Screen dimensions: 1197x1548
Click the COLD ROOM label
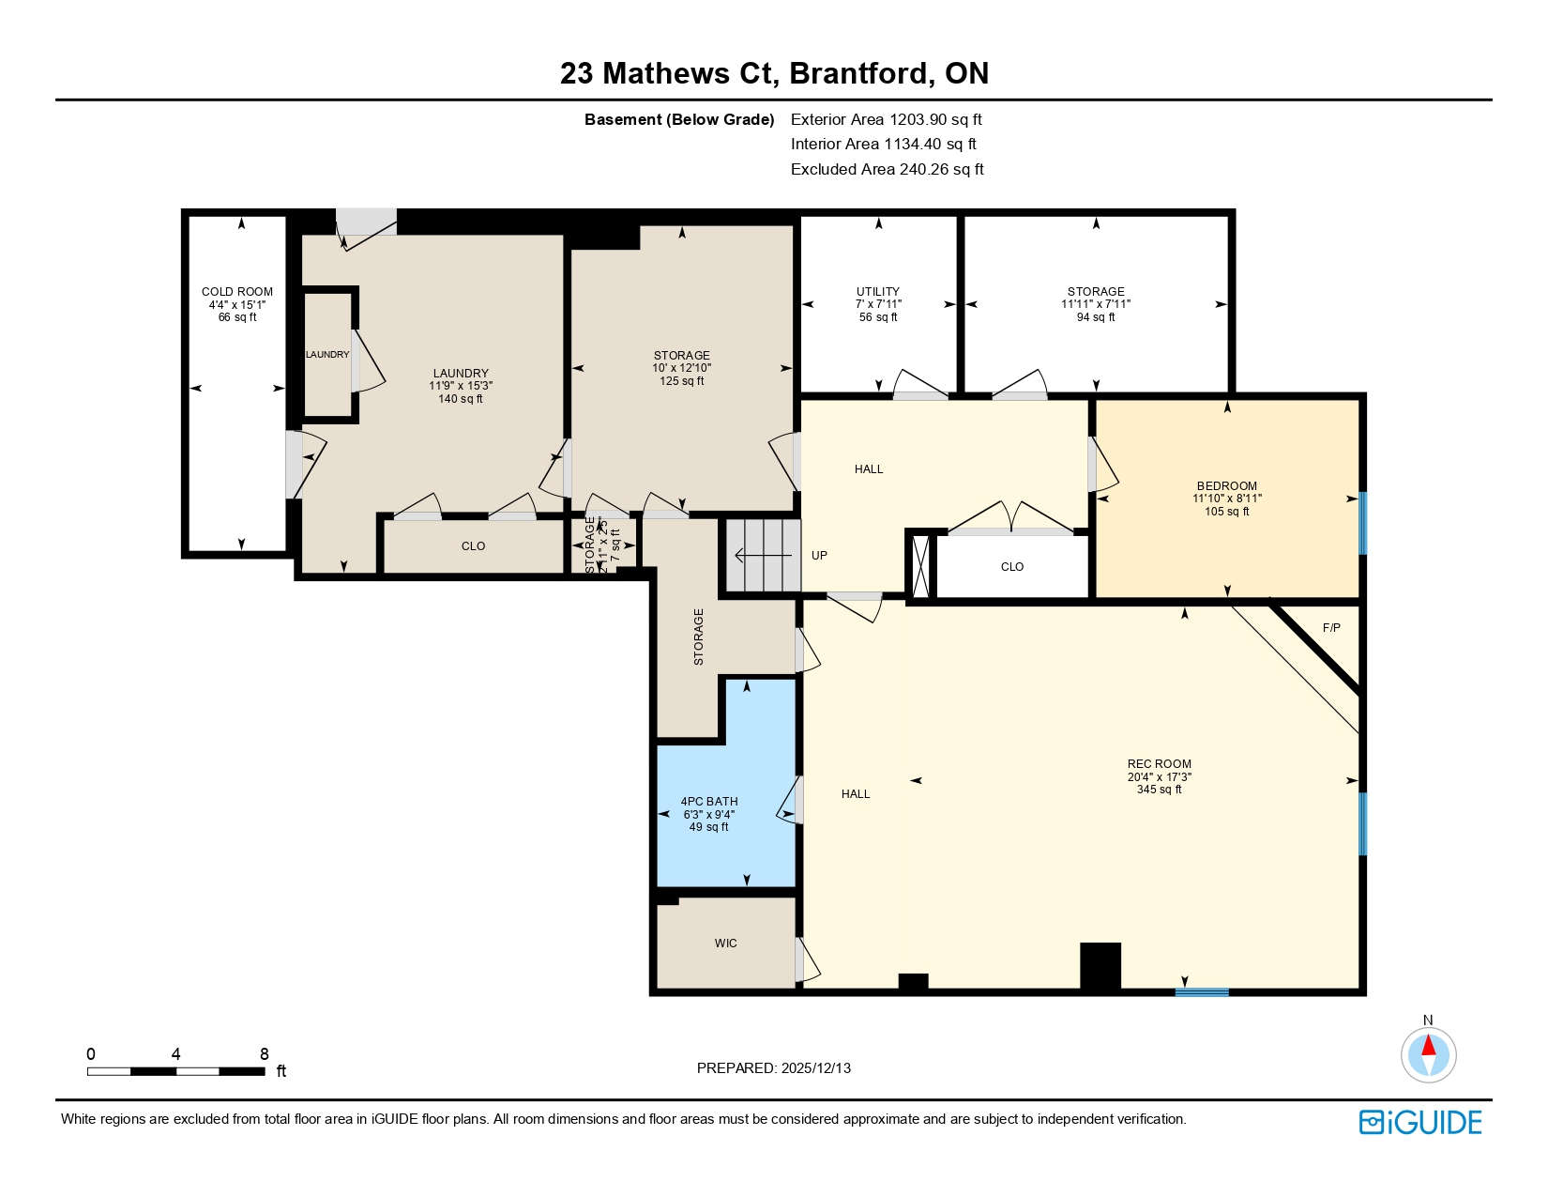click(x=237, y=292)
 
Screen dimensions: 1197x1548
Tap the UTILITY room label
click(x=878, y=292)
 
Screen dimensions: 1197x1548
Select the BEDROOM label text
click(x=1226, y=486)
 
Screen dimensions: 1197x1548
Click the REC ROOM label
click(x=1159, y=764)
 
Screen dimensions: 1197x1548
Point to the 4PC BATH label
click(x=709, y=802)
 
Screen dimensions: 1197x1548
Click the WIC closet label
click(x=725, y=944)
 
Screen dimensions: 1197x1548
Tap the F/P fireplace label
click(x=1330, y=628)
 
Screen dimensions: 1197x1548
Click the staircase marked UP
click(x=762, y=556)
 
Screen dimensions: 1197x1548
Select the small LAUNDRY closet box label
click(x=327, y=355)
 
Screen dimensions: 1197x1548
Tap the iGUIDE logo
click(x=1420, y=1122)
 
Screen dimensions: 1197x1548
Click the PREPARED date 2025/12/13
click(x=774, y=1068)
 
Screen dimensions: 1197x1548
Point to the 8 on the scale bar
click(x=264, y=1054)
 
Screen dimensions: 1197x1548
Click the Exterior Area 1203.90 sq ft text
click(x=886, y=119)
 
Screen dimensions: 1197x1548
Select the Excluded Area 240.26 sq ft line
click(x=887, y=169)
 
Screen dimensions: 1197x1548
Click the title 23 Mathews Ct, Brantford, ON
click(x=774, y=73)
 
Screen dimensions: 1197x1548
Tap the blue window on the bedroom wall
click(x=1362, y=523)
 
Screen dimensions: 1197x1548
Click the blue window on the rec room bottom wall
click(x=1202, y=991)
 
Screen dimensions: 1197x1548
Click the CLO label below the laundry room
click(x=473, y=546)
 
